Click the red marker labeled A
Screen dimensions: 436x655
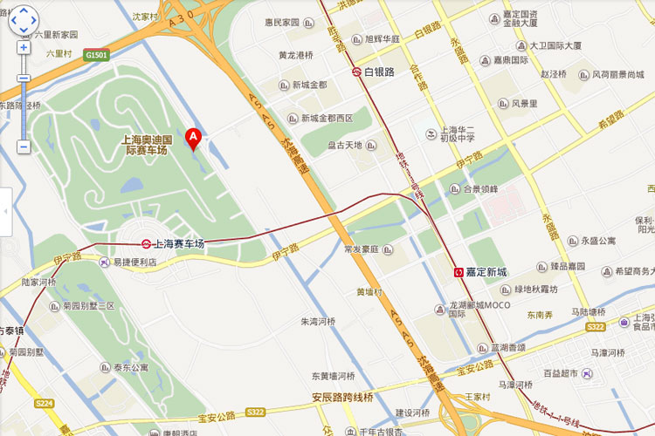point(194,139)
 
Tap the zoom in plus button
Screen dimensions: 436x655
point(23,47)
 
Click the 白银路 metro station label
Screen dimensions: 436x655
point(373,72)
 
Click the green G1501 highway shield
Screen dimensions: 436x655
point(96,54)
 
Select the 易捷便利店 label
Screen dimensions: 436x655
point(134,261)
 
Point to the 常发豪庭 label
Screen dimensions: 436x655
point(361,249)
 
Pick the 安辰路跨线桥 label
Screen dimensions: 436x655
point(342,399)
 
